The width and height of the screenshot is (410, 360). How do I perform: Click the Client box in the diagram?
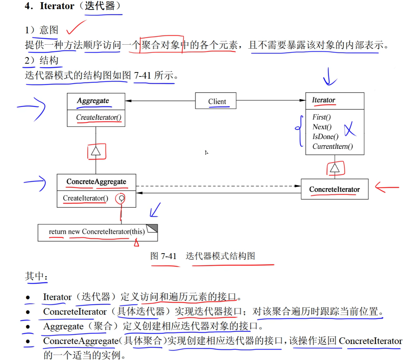pyautogui.click(x=217, y=101)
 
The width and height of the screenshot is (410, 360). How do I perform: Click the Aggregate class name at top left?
pyautogui.click(x=93, y=101)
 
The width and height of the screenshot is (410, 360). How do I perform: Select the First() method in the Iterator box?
pyautogui.click(x=322, y=117)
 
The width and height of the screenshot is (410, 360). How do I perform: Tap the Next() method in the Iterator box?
pyautogui.click(x=322, y=127)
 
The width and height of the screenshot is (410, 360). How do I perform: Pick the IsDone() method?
pyautogui.click(x=325, y=137)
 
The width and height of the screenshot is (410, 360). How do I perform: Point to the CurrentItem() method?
pyautogui.click(x=333, y=147)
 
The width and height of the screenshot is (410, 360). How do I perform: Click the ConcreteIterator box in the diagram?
pyautogui.click(x=334, y=189)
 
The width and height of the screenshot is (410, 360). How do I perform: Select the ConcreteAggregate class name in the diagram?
pyautogui.click(x=96, y=182)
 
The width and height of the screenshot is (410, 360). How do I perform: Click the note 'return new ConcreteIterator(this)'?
pyautogui.click(x=97, y=232)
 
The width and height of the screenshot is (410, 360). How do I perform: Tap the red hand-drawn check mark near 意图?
pyautogui.click(x=76, y=27)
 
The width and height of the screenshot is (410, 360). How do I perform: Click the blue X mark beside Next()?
pyautogui.click(x=350, y=129)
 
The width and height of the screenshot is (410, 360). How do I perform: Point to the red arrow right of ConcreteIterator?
pyautogui.click(x=387, y=188)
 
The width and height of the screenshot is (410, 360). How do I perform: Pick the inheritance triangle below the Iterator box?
pyautogui.click(x=335, y=168)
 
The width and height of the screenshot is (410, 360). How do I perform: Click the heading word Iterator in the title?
pyautogui.click(x=57, y=6)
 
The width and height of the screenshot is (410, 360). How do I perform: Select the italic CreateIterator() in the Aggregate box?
pyautogui.click(x=99, y=118)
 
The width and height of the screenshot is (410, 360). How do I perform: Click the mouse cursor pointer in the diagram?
pyautogui.click(x=207, y=153)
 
